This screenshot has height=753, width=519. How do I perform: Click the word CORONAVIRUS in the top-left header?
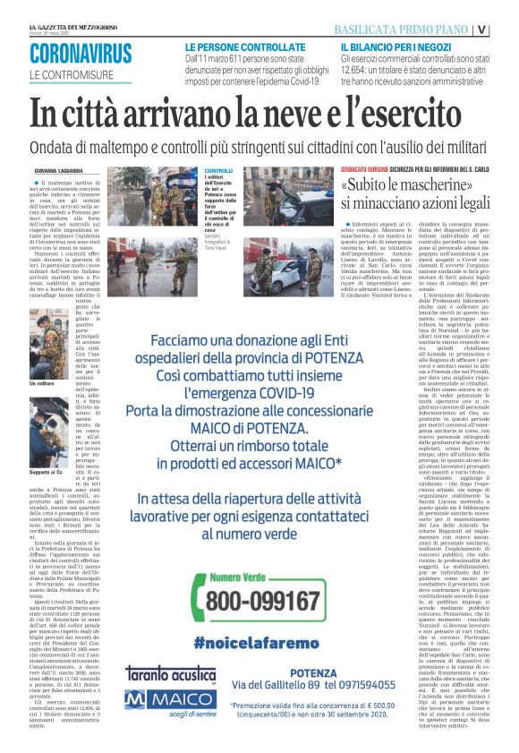(x=81, y=55)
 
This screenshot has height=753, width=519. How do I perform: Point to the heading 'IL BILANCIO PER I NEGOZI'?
(x=395, y=45)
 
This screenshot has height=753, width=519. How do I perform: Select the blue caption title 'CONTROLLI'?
(x=218, y=171)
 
